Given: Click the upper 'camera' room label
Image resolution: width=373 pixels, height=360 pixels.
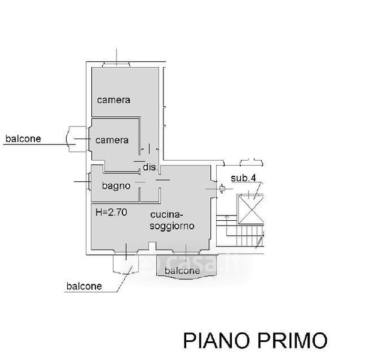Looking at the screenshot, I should [x=114, y=100].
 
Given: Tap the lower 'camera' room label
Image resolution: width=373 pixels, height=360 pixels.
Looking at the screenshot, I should [x=112, y=140].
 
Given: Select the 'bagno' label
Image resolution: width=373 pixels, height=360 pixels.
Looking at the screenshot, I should [x=116, y=186].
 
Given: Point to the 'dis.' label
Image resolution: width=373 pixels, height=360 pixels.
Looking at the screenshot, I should [x=150, y=167].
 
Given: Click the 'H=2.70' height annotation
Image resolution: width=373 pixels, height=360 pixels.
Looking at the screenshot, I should [x=111, y=211].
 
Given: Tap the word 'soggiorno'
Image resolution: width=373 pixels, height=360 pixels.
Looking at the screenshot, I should [x=171, y=226].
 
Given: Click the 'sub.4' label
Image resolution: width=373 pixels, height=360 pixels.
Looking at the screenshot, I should [x=244, y=178].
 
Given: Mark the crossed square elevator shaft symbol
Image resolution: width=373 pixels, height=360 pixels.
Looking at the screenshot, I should [x=251, y=207].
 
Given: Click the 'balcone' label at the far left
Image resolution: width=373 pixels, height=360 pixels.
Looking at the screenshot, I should [x=23, y=139].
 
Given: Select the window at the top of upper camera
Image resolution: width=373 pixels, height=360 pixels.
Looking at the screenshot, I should [x=116, y=64].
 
